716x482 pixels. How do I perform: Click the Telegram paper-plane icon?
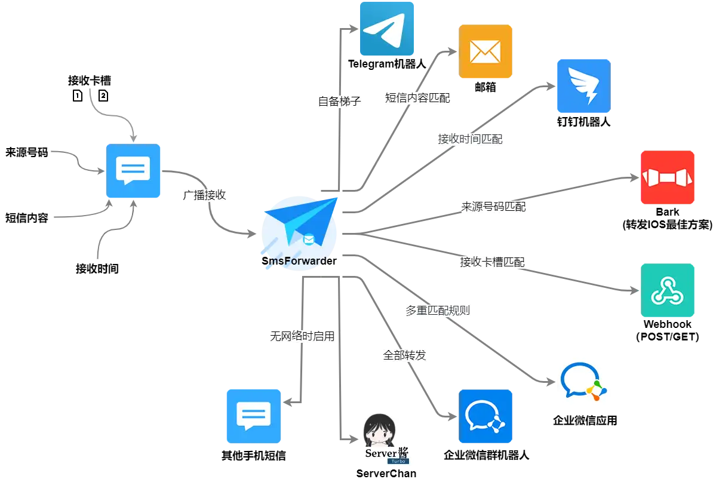[386, 29]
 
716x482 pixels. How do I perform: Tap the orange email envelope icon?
[485, 52]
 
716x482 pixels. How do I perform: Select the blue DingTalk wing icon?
[583, 86]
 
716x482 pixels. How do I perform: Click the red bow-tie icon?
[668, 177]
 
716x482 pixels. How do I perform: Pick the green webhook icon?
[668, 291]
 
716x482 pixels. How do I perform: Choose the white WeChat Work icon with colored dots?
[582, 382]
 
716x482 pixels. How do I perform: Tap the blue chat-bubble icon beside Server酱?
[485, 416]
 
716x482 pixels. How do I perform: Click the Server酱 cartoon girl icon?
[386, 439]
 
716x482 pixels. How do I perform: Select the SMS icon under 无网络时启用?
[253, 416]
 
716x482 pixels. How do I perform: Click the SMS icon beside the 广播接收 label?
[133, 171]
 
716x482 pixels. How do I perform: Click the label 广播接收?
[205, 195]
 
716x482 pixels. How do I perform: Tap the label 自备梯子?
[340, 101]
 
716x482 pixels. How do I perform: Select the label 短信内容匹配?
[417, 98]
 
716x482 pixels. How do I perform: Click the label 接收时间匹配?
[470, 139]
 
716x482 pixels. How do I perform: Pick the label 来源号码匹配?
[493, 207]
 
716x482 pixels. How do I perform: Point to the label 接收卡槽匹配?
[492, 262]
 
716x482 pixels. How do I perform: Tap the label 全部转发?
[405, 355]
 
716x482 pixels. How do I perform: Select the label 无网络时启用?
[302, 336]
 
